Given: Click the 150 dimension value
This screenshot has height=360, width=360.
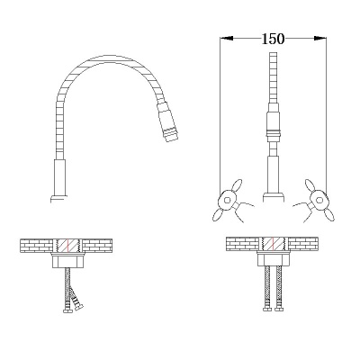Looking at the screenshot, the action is point(273,39).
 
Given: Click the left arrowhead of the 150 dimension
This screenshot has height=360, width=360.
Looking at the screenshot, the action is point(227,38).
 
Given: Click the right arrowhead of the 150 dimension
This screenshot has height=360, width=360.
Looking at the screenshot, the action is point(320,38).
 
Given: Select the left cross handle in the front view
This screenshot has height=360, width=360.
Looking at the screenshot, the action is point(228,200).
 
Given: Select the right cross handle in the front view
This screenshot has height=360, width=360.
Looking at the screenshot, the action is point(319,200).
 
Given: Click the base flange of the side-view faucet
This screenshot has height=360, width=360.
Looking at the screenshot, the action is point(59,199).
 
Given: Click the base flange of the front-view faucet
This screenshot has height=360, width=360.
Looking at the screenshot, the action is point(274,197).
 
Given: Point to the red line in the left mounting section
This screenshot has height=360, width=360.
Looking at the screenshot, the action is point(68,246).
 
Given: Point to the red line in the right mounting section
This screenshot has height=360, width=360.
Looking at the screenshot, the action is point(274,244).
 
